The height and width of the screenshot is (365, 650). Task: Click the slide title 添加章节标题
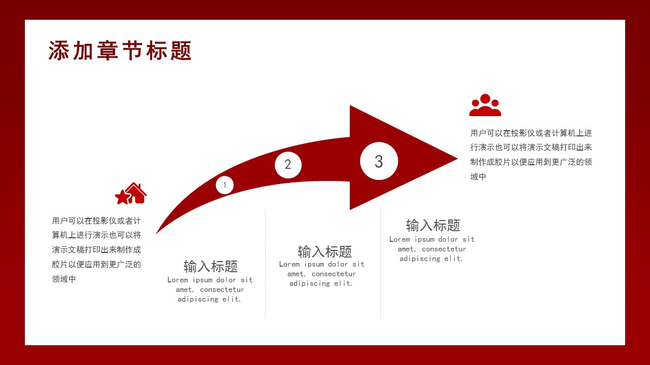click(120, 51)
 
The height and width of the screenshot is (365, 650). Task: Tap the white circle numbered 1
click(225, 185)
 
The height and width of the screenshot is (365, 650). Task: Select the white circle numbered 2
click(288, 165)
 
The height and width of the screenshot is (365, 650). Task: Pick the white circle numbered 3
click(379, 161)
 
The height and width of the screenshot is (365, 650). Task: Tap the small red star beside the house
click(122, 197)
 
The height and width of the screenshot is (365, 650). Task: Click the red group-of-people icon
click(485, 105)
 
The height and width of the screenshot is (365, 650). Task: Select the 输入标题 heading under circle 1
click(210, 266)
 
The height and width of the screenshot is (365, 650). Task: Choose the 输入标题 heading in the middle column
click(324, 251)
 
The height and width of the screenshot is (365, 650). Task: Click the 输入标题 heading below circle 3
click(433, 225)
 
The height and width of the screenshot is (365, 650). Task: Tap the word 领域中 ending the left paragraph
click(64, 279)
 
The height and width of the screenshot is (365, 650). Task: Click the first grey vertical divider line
click(265, 264)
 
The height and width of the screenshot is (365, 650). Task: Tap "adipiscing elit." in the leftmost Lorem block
click(209, 299)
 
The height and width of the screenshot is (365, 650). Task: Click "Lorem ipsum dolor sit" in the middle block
click(321, 264)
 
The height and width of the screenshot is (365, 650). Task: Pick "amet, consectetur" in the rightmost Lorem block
click(432, 249)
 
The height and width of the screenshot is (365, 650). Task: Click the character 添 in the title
click(58, 51)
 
